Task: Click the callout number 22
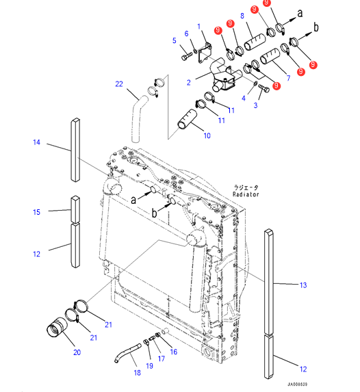point(119,84)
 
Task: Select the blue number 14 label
point(36,142)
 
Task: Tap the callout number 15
point(36,212)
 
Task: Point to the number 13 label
point(303,285)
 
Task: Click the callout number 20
point(77,352)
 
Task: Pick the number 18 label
point(137,373)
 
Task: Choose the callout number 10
point(207,135)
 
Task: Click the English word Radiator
point(246,194)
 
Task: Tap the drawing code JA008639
point(297,384)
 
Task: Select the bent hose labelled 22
point(138,120)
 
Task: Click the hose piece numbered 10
point(187,119)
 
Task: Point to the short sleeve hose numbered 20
point(57,328)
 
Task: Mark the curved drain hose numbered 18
point(127,353)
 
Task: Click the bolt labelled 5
point(187,56)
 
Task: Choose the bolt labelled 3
point(263,88)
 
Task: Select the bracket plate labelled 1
point(205,54)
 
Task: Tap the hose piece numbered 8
point(255,42)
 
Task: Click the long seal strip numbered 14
point(75,150)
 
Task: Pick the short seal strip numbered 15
point(75,209)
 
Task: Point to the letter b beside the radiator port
point(155,213)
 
